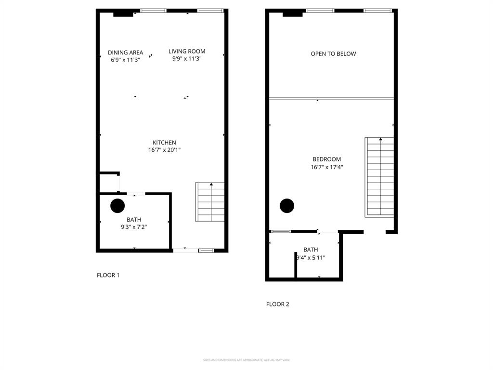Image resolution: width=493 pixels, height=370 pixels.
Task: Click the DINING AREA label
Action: point(125,53)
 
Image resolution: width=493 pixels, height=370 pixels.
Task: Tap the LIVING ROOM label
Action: point(187,51)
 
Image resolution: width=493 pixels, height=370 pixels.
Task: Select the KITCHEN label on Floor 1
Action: point(164,143)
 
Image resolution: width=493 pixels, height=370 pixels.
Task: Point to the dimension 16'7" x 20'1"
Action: point(164,150)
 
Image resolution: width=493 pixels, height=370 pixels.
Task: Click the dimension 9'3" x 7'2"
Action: point(134,227)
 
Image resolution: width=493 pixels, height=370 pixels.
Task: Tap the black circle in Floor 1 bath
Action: point(117,206)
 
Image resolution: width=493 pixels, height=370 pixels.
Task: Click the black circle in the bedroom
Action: point(287,206)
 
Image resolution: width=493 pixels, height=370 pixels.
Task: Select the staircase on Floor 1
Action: point(210,202)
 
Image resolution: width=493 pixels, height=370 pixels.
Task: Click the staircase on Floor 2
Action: point(380,177)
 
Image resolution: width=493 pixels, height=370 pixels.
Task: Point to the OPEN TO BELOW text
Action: point(333,54)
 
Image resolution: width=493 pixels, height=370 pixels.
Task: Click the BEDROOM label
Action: point(326,159)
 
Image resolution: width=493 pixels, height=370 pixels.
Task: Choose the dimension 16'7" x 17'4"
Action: point(326,167)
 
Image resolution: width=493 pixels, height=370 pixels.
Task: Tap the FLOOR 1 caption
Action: point(108,275)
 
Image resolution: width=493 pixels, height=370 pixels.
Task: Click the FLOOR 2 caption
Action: point(277,304)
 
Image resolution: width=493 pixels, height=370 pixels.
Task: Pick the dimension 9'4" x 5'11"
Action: point(311,257)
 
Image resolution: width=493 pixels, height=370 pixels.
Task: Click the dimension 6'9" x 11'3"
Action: point(125,60)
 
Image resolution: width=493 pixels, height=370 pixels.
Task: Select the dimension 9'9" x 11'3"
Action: point(187,59)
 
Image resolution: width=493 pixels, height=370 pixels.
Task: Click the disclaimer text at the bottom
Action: point(246,360)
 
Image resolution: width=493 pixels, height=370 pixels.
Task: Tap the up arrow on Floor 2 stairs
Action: point(380,140)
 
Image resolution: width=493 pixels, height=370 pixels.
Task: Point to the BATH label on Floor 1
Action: point(134,220)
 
